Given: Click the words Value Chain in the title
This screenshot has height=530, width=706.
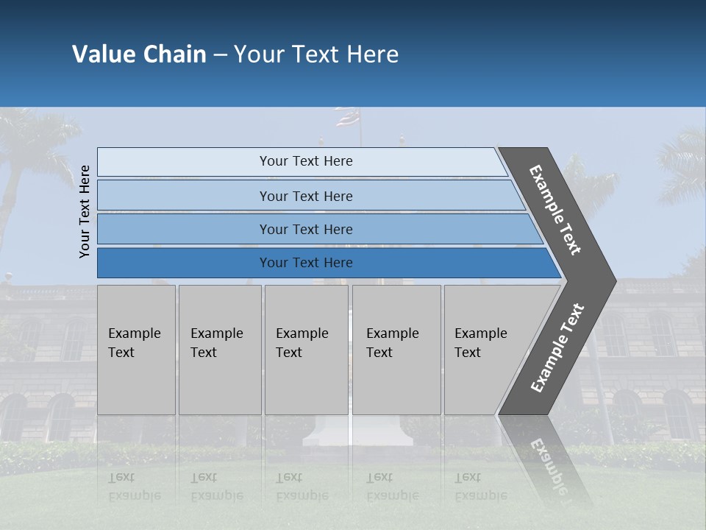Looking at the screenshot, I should pos(139,54).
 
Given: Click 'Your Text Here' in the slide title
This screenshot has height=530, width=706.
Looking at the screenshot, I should pos(316,54).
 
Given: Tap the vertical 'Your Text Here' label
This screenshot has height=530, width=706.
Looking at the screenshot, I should pos(85,211).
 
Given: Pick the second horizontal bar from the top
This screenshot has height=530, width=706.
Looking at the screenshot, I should pos(306,196).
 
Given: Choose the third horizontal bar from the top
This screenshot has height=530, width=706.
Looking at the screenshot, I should pos(306,229).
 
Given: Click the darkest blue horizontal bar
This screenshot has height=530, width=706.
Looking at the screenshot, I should pos(306,263).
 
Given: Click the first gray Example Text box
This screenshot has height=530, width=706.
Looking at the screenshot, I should pos(136,350).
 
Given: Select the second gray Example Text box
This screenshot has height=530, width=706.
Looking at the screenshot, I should pos(219,350).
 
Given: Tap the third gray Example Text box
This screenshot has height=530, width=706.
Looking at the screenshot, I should pos(305,350).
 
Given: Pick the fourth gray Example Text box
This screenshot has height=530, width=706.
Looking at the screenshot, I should pos(396,350).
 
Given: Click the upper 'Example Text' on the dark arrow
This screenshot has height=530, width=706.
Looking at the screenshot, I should pos(555,210).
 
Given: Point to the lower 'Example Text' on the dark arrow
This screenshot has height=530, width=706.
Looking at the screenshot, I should pos(557,348).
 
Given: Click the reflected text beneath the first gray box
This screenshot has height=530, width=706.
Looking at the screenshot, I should pos(134,487).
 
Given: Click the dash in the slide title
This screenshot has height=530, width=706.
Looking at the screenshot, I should pos(220,55).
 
